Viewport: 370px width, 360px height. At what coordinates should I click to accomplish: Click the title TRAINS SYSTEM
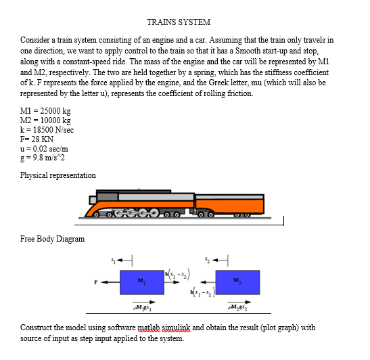point(178,22)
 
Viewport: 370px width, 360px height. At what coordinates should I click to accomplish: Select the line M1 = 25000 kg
point(47,110)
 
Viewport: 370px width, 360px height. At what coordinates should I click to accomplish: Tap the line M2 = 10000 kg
point(47,119)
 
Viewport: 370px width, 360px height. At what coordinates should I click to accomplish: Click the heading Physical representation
point(59,175)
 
